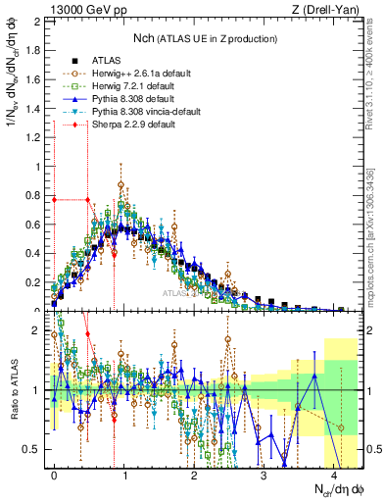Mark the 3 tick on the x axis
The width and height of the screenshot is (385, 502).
point(264,475)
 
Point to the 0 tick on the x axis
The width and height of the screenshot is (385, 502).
point(54,475)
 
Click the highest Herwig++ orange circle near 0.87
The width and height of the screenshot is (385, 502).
point(120,184)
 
